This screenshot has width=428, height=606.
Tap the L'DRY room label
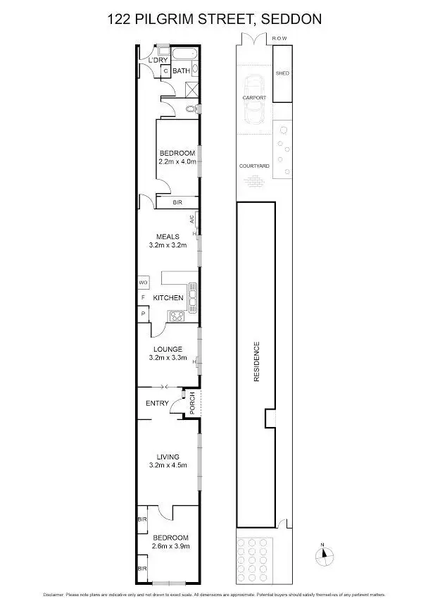[157, 61]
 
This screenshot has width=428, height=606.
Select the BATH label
[182, 71]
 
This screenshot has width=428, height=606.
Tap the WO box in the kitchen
[142, 282]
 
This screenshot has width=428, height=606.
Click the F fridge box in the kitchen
[142, 297]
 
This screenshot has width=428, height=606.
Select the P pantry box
[142, 314]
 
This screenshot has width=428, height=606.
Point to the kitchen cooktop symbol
[176, 315]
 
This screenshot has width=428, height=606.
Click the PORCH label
[192, 402]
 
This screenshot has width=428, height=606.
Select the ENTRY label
[157, 403]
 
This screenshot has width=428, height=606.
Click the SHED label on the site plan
[282, 73]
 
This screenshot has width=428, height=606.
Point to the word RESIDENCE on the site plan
[257, 362]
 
